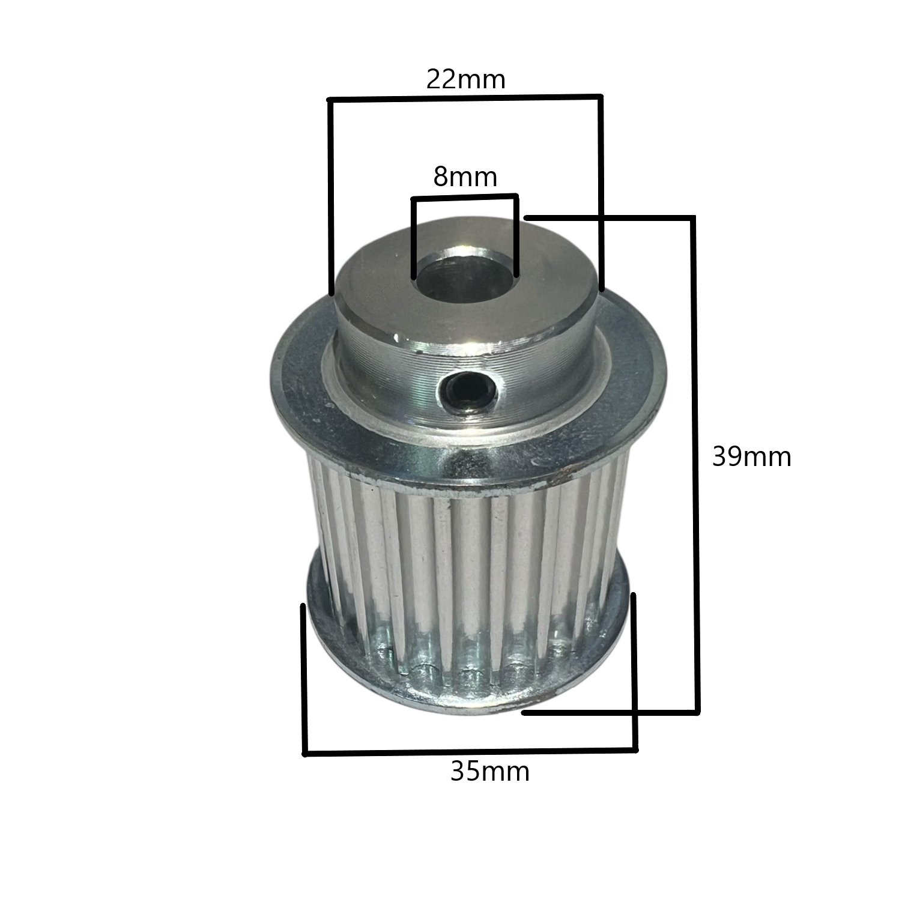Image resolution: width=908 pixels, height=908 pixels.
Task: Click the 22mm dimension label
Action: [x=465, y=79]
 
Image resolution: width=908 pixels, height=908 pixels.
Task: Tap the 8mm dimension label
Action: [x=465, y=177]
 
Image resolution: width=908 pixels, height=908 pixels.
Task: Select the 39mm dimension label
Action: [x=751, y=457]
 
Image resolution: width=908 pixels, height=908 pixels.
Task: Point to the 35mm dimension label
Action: [x=490, y=772]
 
